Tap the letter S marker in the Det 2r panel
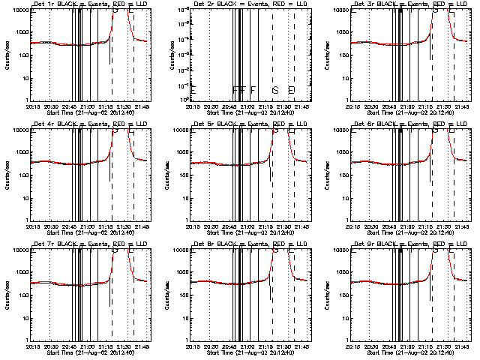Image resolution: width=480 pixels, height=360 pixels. (x=275, y=90)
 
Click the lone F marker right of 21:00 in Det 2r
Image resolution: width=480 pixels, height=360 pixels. (x=253, y=90)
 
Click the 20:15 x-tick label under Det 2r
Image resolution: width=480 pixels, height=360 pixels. (x=192, y=106)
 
